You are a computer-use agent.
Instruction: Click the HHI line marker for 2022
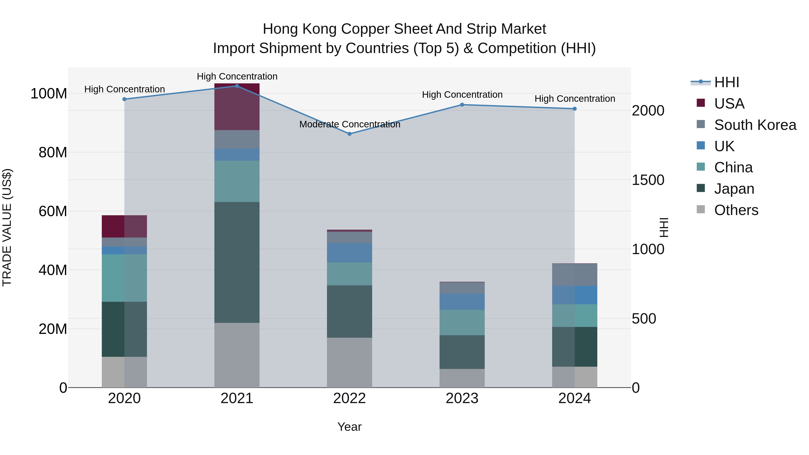pyautogui.click(x=349, y=134)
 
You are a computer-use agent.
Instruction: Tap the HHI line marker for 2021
pyautogui.click(x=237, y=86)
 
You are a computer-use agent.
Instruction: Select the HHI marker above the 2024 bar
pyautogui.click(x=574, y=109)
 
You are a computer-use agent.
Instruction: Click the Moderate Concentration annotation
pyautogui.click(x=349, y=124)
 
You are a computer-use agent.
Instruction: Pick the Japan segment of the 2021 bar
pyautogui.click(x=237, y=262)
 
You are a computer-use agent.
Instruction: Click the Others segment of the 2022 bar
pyautogui.click(x=349, y=362)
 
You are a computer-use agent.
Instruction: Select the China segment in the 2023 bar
pyautogui.click(x=462, y=322)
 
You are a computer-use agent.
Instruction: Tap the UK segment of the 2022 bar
pyautogui.click(x=349, y=253)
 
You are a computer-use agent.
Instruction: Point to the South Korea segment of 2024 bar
pyautogui.click(x=574, y=275)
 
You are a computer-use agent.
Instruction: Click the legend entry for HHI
pyautogui.click(x=726, y=82)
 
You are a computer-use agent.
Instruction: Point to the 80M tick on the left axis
pyautogui.click(x=53, y=153)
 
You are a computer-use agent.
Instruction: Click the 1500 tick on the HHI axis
pyautogui.click(x=648, y=180)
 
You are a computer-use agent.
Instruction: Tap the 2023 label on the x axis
pyautogui.click(x=462, y=398)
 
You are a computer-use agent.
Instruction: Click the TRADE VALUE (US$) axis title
pyautogui.click(x=7, y=227)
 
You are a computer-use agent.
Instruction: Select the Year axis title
pyautogui.click(x=349, y=427)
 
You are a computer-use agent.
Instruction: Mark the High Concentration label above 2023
pyautogui.click(x=462, y=95)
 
